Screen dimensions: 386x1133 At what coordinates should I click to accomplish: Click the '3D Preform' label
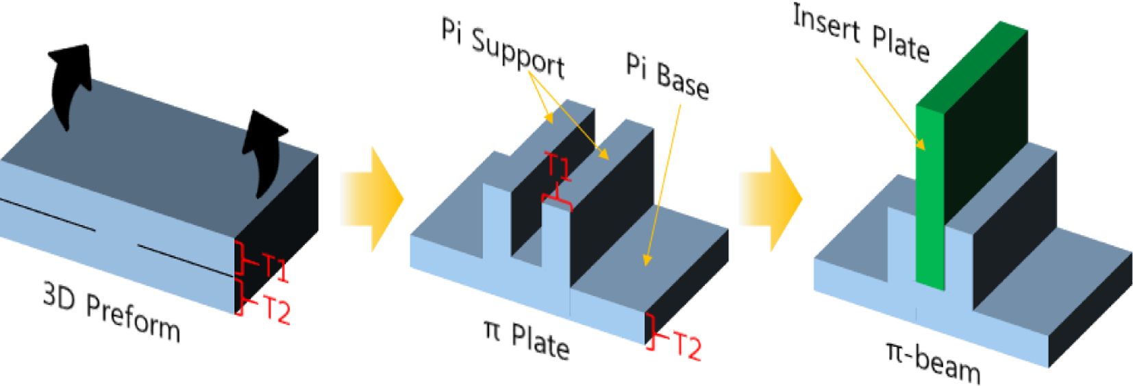pyautogui.click(x=112, y=313)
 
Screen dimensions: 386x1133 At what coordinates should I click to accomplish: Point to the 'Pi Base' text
pyautogui.click(x=667, y=76)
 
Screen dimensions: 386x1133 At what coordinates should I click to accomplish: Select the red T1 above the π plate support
pyautogui.click(x=558, y=167)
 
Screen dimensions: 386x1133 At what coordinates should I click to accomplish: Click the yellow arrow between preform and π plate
pyautogui.click(x=373, y=198)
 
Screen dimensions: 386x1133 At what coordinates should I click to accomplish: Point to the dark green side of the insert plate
pyautogui.click(x=986, y=123)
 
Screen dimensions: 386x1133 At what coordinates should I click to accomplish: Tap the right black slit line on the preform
pyautogui.click(x=185, y=260)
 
